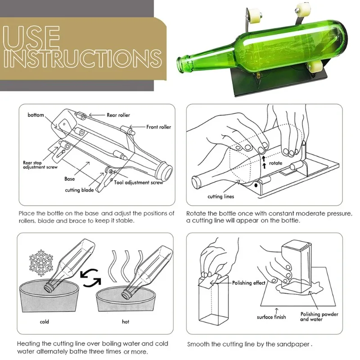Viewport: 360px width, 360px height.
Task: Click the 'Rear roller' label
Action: click(x=118, y=115)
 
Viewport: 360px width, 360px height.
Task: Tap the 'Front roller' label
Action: click(x=159, y=127)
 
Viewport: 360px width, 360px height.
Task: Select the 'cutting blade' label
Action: click(x=79, y=190)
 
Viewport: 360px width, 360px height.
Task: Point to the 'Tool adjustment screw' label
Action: click(x=139, y=183)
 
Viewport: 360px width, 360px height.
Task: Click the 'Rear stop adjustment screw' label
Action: click(x=40, y=165)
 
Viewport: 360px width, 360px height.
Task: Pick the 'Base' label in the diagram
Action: click(x=70, y=179)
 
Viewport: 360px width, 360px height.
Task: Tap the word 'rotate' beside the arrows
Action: click(x=275, y=163)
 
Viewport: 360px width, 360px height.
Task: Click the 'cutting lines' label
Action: click(x=220, y=197)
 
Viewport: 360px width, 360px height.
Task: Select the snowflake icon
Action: click(x=41, y=263)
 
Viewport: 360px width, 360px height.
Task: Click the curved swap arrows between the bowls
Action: click(x=91, y=278)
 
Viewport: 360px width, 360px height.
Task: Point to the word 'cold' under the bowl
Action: click(x=44, y=322)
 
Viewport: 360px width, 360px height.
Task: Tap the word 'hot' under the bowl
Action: click(x=126, y=322)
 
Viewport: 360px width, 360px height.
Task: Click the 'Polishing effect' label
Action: click(x=249, y=283)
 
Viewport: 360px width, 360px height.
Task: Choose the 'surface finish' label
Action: click(x=271, y=317)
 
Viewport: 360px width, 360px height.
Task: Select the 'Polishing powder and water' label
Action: click(x=319, y=317)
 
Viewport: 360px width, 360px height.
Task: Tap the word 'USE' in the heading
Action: click(x=31, y=37)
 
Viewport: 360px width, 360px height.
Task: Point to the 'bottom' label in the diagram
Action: click(x=36, y=115)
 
